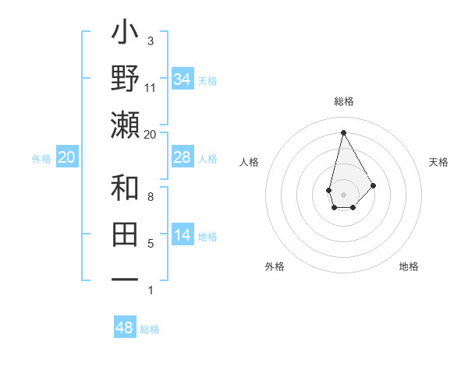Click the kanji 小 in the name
126,36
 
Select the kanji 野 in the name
126,80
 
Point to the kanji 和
126,189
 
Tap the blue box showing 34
183,79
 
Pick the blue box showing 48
125,328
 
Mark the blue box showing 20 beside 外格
66,158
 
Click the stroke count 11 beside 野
151,88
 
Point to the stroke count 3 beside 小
151,40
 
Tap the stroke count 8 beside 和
151,197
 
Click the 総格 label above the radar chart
344,101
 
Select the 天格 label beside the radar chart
439,162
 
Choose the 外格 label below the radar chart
275,266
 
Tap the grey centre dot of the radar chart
344,194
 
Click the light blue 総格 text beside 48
150,329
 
